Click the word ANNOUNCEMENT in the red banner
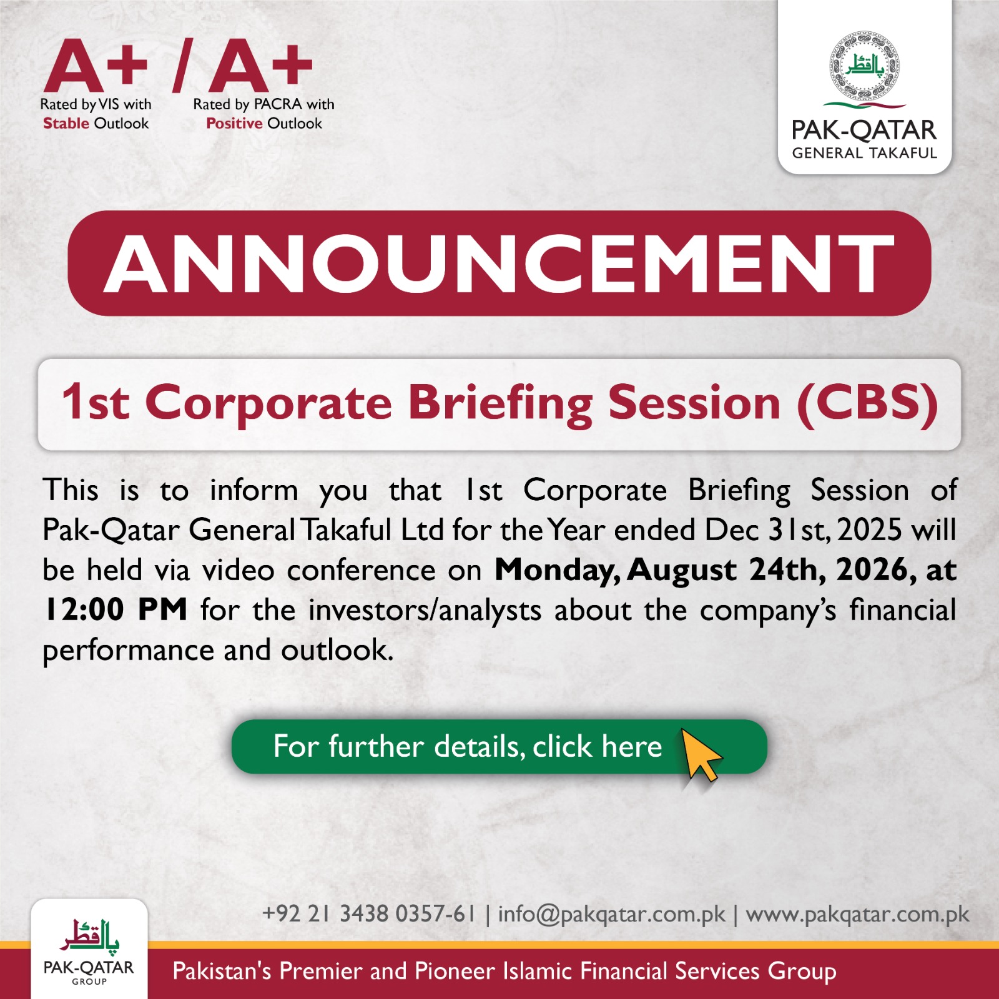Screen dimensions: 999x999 tap(499, 264)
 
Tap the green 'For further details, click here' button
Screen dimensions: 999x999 tap(499, 747)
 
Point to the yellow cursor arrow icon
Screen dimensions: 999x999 tap(701, 755)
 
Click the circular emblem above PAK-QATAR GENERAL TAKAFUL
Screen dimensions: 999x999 tap(865, 66)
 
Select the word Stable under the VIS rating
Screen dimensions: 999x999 tap(66, 123)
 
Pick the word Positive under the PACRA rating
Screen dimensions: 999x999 tap(234, 123)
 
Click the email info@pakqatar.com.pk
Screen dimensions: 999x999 tap(612, 914)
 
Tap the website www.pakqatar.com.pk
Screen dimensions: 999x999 tap(857, 914)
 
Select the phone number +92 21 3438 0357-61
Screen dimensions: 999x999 tap(369, 913)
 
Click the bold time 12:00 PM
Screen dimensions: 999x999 tap(116, 609)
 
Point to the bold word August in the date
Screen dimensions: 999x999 tap(682, 570)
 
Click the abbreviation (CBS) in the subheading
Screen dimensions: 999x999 tap(867, 403)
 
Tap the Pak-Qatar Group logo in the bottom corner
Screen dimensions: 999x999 tap(89, 950)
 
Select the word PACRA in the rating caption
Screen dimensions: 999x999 tap(278, 104)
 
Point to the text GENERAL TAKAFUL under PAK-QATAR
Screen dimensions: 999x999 tap(865, 153)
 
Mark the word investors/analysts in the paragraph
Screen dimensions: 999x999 tap(425, 611)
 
